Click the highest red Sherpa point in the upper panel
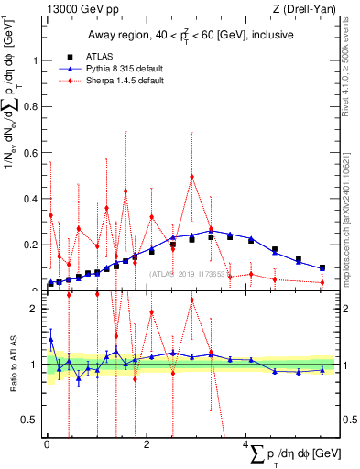point(191,177)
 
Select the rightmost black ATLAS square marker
point(322,268)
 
